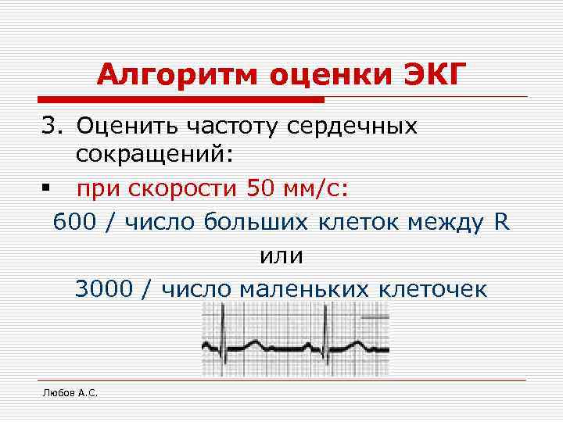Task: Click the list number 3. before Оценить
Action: pos(55,126)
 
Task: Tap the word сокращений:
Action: pos(155,156)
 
